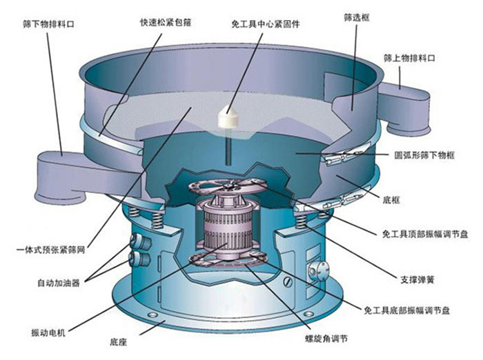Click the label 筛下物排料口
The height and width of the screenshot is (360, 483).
coord(48,24)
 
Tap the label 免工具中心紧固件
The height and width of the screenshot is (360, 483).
coord(265,24)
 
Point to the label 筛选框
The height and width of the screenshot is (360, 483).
coord(357,18)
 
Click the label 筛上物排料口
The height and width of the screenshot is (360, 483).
coord(409,58)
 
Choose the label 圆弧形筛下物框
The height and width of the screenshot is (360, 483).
coord(424,155)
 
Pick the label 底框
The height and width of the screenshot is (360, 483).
coord(391,200)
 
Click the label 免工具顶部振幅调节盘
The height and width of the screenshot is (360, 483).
coord(425,234)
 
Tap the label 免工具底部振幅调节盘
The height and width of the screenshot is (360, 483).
coord(406,310)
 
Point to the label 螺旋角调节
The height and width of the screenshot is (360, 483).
coord(326,339)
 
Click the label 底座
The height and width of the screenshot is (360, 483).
coord(118,342)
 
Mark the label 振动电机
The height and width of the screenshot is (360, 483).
coord(48,332)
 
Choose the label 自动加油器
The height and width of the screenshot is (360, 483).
coord(59,283)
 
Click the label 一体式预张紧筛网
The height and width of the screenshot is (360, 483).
coord(51,250)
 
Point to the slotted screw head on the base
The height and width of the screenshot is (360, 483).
coord(288,282)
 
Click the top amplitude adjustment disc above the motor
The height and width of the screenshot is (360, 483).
coord(227,186)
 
